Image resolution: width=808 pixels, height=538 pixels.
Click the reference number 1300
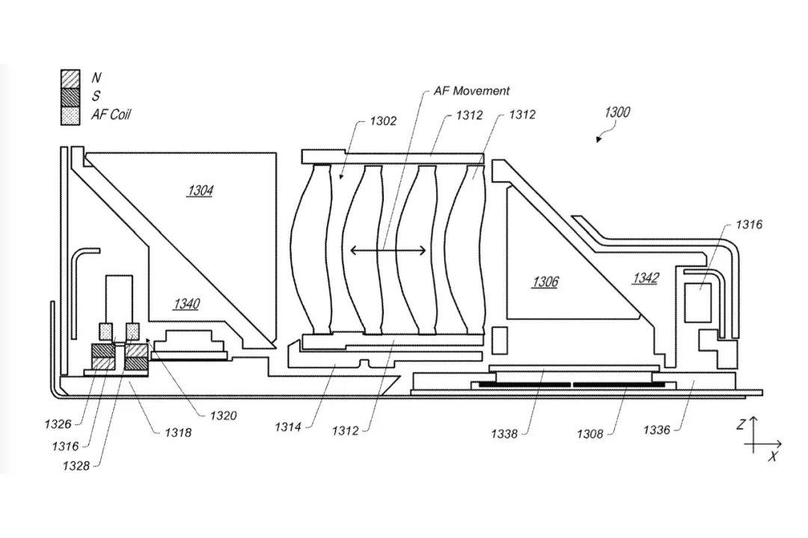click(616, 111)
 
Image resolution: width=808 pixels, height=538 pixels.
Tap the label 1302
click(383, 120)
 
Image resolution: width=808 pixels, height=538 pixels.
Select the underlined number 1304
click(201, 191)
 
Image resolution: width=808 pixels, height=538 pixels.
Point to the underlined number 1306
click(545, 281)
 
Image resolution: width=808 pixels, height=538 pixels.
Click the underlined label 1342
click(646, 278)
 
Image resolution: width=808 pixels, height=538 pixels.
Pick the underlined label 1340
click(186, 304)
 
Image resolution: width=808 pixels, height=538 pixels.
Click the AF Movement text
click(471, 91)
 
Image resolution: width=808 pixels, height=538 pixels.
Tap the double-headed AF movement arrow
click(388, 251)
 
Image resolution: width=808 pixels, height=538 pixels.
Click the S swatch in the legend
click(70, 97)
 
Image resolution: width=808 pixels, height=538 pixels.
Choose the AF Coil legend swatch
click(70, 115)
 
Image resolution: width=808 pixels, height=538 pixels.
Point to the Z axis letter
click(741, 424)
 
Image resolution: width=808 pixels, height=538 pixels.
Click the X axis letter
click(772, 456)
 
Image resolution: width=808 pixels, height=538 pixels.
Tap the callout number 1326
click(58, 424)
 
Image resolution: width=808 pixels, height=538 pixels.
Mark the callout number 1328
click(76, 466)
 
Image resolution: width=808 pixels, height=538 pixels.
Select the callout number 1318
click(178, 432)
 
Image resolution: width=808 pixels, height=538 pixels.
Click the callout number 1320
click(223, 415)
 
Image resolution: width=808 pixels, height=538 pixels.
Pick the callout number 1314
click(287, 427)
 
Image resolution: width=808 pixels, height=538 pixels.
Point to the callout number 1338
click(504, 434)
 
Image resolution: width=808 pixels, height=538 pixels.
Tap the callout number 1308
click(590, 434)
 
